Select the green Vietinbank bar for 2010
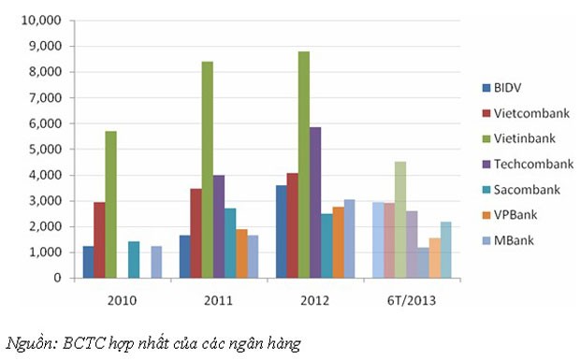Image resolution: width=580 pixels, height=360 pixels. [x=111, y=205]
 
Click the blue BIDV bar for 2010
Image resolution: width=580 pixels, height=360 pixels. [x=89, y=262]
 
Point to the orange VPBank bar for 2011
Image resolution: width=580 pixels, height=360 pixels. [x=241, y=253]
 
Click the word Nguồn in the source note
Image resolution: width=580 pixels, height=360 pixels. [x=31, y=343]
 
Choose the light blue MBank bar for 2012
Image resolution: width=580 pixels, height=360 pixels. [x=349, y=238]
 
